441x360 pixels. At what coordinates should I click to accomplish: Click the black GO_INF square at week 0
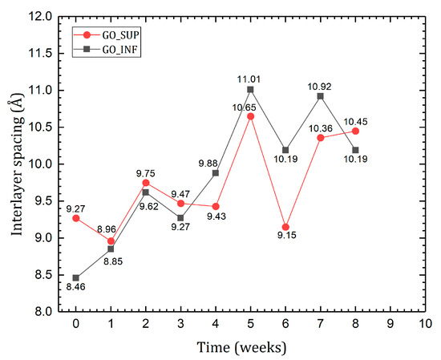click(x=75, y=277)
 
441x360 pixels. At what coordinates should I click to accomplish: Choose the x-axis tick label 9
click(x=390, y=324)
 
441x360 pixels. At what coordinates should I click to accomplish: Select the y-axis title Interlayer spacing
click(x=15, y=164)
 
